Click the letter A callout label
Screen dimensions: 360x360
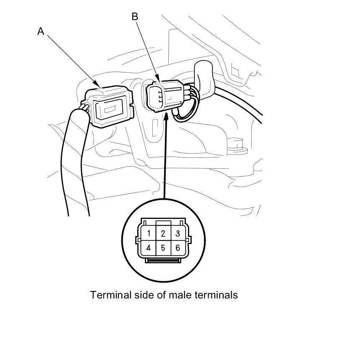tap(41, 31)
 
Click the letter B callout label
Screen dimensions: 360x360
tap(135, 16)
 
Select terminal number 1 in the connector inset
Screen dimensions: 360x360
tap(148, 233)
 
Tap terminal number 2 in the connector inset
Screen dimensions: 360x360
tap(163, 233)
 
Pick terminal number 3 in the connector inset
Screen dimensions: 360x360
tap(177, 233)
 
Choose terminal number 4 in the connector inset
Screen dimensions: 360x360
tap(148, 248)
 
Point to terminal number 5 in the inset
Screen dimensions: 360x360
tap(163, 248)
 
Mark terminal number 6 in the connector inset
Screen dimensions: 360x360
tap(177, 248)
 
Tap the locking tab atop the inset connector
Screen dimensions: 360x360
tap(163, 223)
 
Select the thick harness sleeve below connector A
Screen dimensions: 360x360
tap(75, 167)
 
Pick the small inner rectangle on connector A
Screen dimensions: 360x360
tap(110, 111)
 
